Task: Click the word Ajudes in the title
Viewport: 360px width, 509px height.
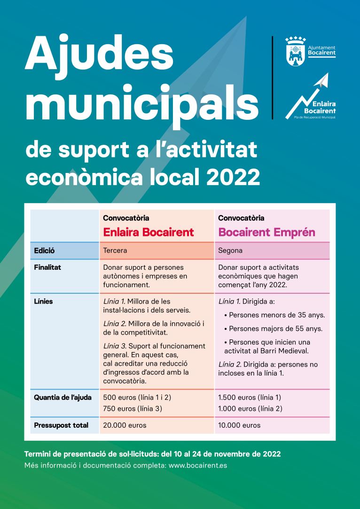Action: [x=100, y=53]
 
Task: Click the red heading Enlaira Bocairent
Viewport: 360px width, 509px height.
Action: [x=149, y=232]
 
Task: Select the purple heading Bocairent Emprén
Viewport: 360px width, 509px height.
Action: [x=266, y=232]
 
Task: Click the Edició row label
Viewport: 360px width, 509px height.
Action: [x=44, y=251]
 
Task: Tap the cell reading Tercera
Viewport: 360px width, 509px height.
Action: [x=115, y=251]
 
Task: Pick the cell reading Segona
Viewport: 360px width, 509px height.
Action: [x=230, y=251]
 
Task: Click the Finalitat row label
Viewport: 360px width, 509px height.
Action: [x=47, y=267]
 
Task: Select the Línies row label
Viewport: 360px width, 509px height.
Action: [x=43, y=302]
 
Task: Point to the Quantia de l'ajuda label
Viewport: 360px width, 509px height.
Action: [x=63, y=397]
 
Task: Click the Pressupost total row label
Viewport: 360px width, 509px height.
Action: [x=61, y=425]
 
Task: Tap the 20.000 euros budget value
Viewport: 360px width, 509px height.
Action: [x=125, y=425]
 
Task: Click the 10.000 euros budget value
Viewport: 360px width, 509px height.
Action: [x=239, y=425]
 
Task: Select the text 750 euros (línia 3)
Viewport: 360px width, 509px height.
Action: [x=133, y=408]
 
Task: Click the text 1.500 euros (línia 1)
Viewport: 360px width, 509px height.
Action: [x=250, y=397]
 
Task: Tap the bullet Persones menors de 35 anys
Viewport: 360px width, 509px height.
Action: [x=274, y=315]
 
